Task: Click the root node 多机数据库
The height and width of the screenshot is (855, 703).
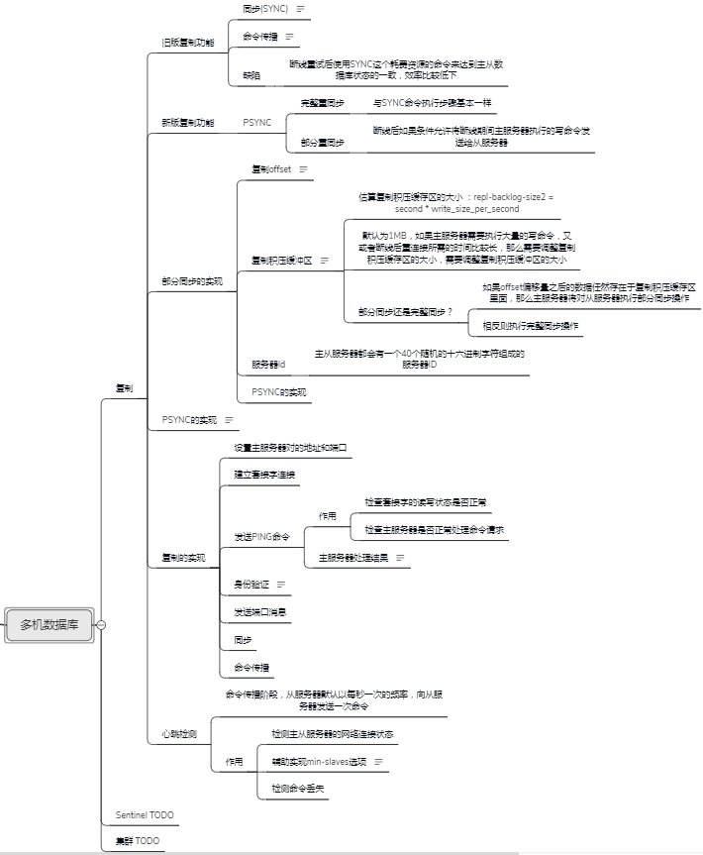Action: pyautogui.click(x=50, y=625)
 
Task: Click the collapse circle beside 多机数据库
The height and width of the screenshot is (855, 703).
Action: pyautogui.click(x=101, y=625)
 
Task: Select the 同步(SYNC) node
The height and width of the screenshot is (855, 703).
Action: pyautogui.click(x=264, y=8)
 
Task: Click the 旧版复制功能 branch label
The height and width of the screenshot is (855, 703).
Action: pyautogui.click(x=187, y=43)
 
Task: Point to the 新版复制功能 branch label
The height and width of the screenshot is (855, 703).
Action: pyautogui.click(x=187, y=122)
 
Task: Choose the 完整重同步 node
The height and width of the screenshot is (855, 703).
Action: pyautogui.click(x=323, y=103)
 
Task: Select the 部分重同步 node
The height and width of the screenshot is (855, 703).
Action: pyautogui.click(x=323, y=143)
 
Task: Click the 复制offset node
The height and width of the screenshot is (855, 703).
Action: pyautogui.click(x=271, y=169)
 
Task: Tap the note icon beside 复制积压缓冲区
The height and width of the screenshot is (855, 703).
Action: pyautogui.click(x=325, y=260)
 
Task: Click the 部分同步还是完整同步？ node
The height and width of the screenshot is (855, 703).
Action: pyautogui.click(x=406, y=311)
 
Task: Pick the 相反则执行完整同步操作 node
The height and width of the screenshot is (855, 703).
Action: pyautogui.click(x=531, y=326)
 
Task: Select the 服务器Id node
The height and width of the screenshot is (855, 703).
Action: pyautogui.click(x=268, y=364)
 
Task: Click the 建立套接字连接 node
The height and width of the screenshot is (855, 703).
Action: pyautogui.click(x=264, y=475)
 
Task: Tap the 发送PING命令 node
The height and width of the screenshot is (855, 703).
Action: pyautogui.click(x=262, y=536)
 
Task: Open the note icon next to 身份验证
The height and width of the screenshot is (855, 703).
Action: pyautogui.click(x=281, y=585)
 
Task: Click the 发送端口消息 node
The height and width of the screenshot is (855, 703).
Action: pyautogui.click(x=260, y=612)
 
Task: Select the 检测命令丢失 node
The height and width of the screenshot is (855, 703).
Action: pyautogui.click(x=298, y=789)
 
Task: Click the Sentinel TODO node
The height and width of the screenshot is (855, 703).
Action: pyautogui.click(x=145, y=814)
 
